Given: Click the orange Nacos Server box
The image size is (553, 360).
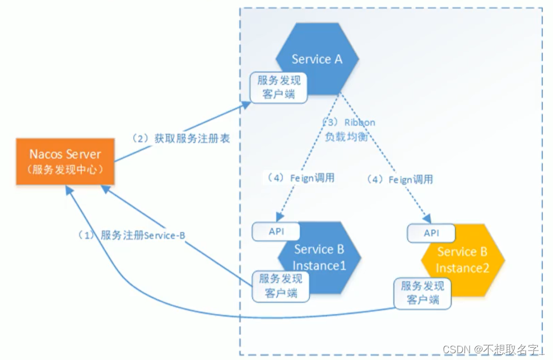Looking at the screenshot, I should (66, 161).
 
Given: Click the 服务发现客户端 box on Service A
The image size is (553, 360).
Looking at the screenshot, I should (278, 87).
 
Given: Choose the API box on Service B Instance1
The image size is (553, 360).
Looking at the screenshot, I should (276, 231).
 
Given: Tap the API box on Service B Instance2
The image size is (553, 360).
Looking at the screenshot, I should (431, 233).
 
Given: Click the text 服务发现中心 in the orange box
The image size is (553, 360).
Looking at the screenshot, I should (66, 170).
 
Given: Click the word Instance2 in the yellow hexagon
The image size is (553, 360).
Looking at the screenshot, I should (462, 268).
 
